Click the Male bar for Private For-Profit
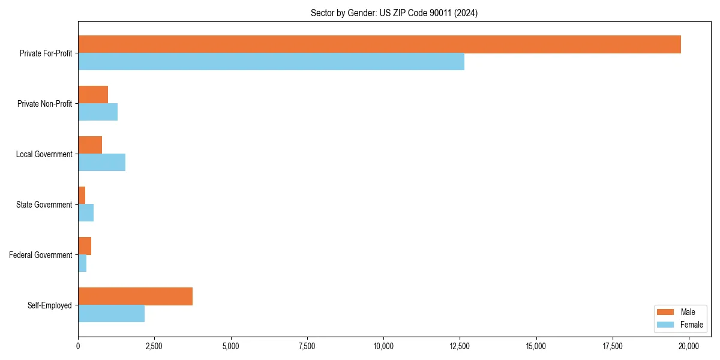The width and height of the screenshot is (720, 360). (379, 44)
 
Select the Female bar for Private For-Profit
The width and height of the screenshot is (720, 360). (271, 62)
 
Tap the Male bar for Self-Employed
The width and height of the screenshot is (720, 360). (135, 296)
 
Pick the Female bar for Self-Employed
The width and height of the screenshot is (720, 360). (111, 314)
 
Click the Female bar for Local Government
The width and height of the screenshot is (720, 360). (101, 163)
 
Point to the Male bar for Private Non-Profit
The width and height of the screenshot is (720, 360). (93, 95)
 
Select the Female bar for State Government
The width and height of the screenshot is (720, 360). (86, 213)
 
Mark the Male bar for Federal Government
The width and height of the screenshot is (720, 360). (85, 246)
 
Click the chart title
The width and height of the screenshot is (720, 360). (394, 13)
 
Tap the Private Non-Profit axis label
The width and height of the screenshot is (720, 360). (44, 104)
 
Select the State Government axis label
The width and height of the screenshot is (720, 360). (44, 205)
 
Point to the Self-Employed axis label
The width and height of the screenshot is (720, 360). (49, 305)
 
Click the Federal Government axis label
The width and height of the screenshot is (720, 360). (41, 255)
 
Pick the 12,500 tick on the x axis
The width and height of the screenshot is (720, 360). (460, 346)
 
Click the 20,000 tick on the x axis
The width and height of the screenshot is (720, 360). (689, 346)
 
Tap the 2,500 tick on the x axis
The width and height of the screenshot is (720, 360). (154, 346)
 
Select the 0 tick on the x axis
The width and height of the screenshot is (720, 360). (78, 346)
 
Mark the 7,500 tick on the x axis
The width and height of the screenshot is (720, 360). (307, 346)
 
